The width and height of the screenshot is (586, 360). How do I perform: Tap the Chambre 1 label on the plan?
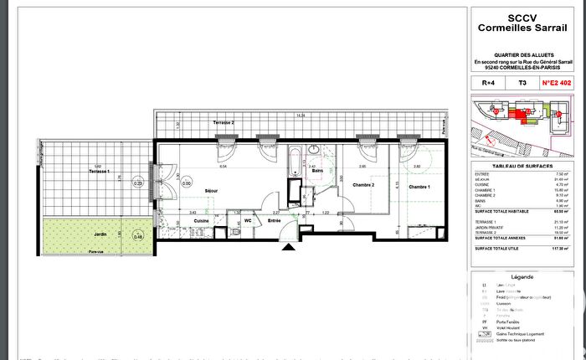tap(421, 187)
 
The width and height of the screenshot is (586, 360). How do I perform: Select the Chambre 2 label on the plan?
tap(362, 185)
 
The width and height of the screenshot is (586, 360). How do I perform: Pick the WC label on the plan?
tap(248, 221)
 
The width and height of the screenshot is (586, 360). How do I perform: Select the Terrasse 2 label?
tap(223, 123)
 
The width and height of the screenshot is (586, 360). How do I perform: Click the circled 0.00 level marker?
tap(187, 183)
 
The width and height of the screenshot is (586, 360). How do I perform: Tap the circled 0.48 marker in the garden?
tap(138, 237)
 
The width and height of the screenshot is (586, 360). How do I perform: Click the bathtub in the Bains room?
tap(295, 162)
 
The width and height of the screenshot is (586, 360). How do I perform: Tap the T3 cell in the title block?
tap(522, 84)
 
